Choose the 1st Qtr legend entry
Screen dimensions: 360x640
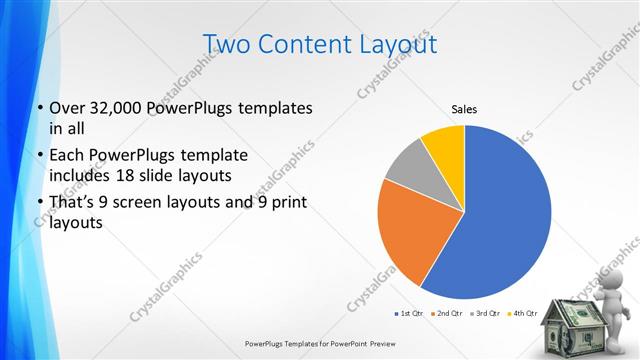point(409,314)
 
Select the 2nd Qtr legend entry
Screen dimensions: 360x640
point(446,314)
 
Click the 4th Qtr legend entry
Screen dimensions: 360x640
point(522,314)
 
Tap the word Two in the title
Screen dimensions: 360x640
point(226,43)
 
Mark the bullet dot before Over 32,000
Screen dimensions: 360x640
point(39,107)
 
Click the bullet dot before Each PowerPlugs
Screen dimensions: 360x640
point(39,155)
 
